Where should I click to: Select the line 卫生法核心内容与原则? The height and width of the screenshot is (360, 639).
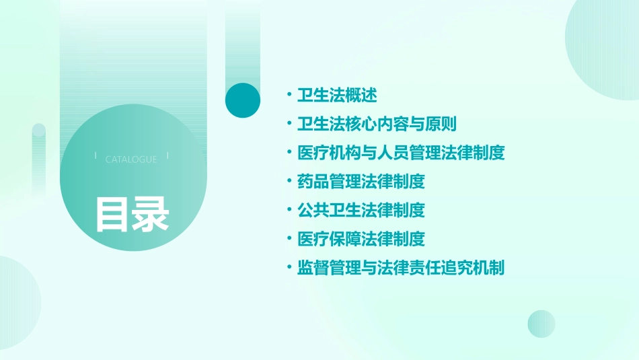(x=377, y=124)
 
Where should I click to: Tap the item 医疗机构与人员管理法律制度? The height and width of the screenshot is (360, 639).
(x=400, y=153)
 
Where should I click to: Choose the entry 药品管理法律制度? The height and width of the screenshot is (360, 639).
(x=361, y=182)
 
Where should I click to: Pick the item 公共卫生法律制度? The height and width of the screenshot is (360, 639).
(x=361, y=211)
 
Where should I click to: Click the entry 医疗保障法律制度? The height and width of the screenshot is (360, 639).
(x=361, y=239)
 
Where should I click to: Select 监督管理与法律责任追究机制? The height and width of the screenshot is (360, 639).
(x=400, y=268)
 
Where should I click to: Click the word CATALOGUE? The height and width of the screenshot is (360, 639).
(x=131, y=159)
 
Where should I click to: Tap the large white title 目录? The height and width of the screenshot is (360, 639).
(x=132, y=214)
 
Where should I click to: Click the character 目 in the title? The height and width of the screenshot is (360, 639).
(x=112, y=214)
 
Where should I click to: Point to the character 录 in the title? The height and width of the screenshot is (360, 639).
(x=151, y=214)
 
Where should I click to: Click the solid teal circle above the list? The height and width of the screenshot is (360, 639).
(x=243, y=100)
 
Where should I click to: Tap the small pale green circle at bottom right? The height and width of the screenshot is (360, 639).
(x=541, y=324)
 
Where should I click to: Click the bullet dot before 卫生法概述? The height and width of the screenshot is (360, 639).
(x=289, y=95)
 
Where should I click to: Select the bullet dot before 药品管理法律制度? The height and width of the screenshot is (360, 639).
(x=289, y=182)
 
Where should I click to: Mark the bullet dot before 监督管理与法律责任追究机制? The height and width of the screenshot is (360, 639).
(x=289, y=268)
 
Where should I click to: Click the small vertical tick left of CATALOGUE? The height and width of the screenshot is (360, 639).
(x=96, y=156)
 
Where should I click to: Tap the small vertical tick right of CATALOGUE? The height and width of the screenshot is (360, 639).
(x=167, y=156)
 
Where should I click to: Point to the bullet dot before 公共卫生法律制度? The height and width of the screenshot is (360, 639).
(x=289, y=211)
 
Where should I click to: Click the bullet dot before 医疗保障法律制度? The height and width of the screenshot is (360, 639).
(x=289, y=239)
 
